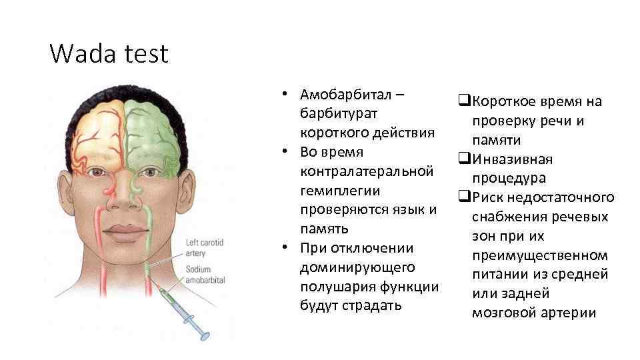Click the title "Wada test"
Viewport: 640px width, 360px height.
[x=109, y=53]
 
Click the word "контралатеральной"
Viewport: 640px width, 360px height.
[x=363, y=171]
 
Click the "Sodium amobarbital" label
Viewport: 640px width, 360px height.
[x=205, y=273]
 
